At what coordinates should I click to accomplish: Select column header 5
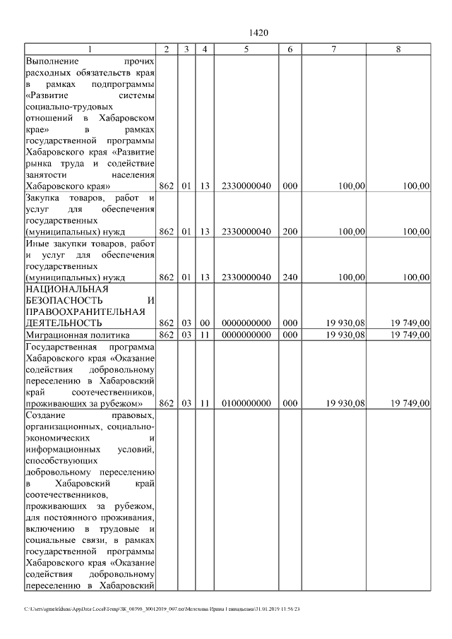(246, 49)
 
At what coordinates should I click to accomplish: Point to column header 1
(90, 49)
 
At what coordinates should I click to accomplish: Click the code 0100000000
(246, 403)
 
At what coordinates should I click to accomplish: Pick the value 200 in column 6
(290, 231)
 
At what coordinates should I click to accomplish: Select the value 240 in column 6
(290, 277)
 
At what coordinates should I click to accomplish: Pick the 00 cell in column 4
(204, 323)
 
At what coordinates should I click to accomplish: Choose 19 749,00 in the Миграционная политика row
(408, 334)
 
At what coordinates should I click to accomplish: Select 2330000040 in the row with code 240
(246, 277)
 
